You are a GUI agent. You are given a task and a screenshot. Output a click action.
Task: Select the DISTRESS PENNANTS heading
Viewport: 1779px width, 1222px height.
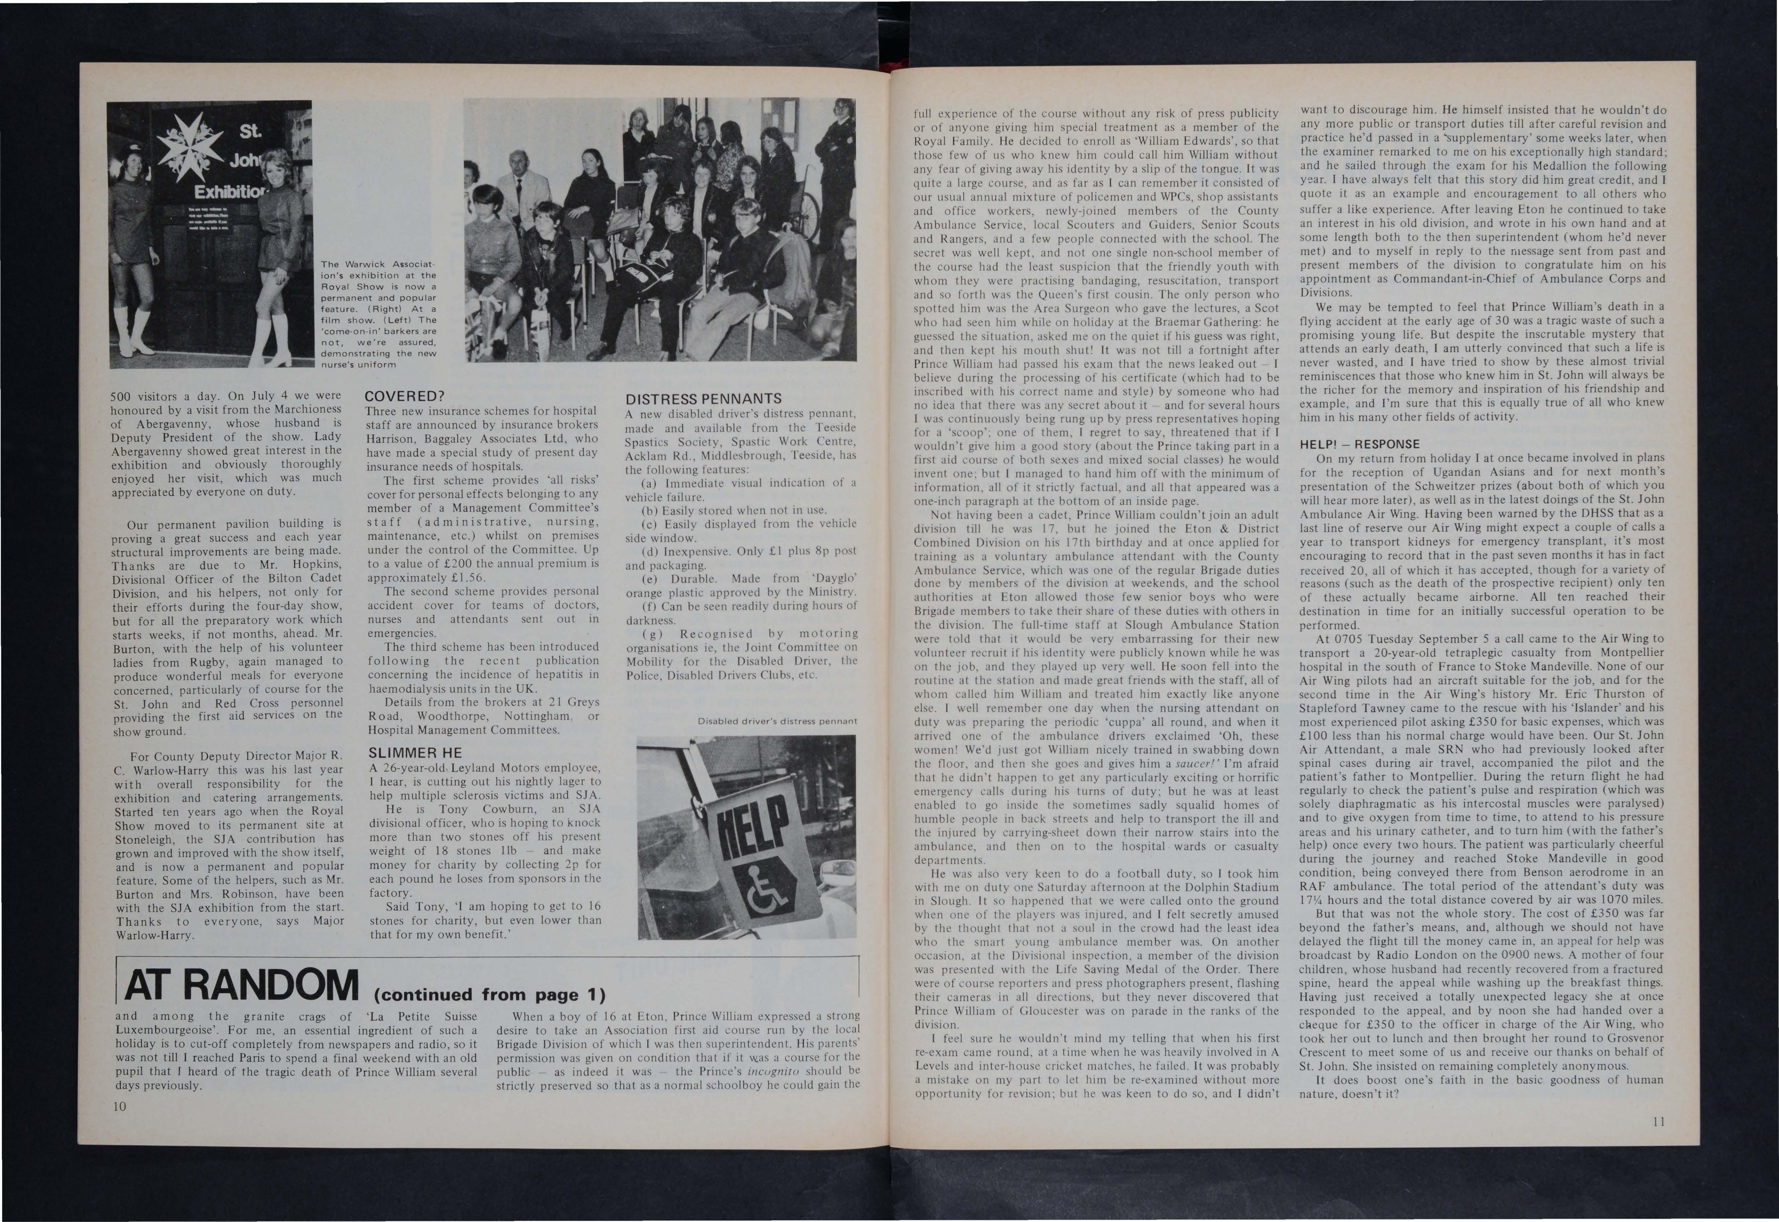(703, 399)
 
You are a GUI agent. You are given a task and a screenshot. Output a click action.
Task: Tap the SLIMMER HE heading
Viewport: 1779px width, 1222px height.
(415, 753)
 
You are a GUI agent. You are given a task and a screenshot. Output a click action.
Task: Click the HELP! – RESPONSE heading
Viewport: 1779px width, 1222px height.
(1359, 444)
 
